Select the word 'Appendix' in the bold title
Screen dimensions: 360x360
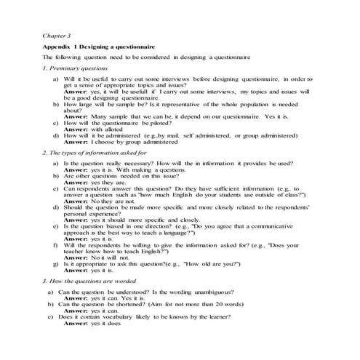57,45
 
